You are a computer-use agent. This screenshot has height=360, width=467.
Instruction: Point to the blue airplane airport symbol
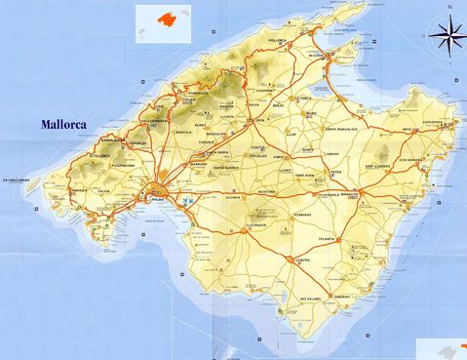pos(185,203)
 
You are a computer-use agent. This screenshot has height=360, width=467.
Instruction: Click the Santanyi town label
pos(341,297)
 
